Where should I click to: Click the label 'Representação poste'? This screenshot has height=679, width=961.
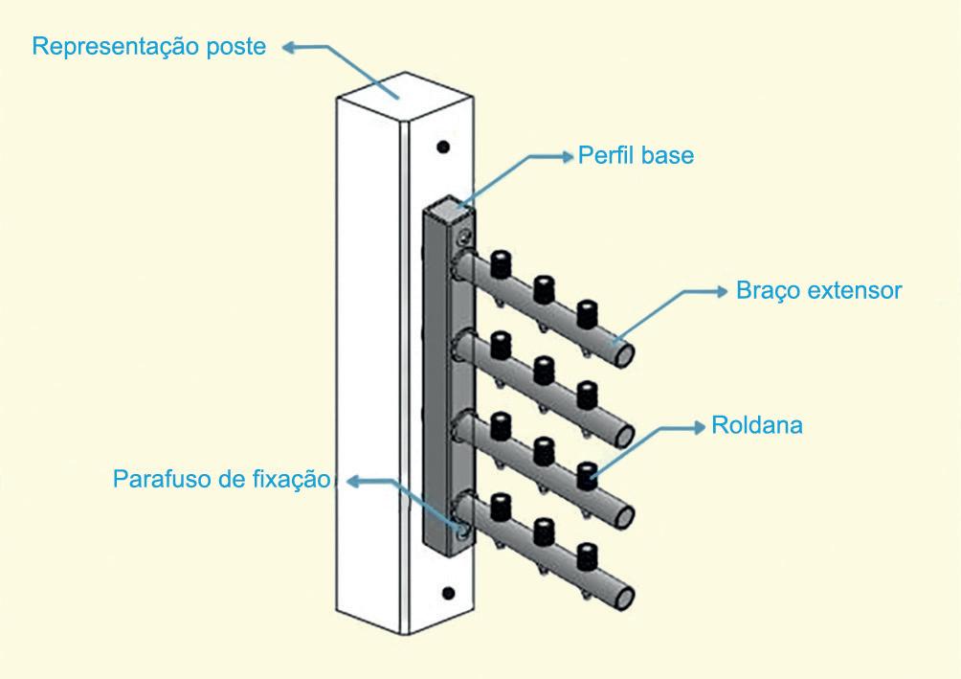tap(148, 47)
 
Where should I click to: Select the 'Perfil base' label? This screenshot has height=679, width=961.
tap(636, 155)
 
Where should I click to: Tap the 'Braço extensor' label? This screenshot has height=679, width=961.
tap(818, 290)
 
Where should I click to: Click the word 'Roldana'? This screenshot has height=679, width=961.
tap(757, 425)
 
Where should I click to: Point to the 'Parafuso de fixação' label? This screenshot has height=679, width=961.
tap(220, 479)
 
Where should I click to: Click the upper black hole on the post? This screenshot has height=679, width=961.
tap(442, 147)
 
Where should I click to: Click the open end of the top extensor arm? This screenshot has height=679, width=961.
tap(624, 354)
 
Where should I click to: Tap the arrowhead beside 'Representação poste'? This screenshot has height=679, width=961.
tap(289, 46)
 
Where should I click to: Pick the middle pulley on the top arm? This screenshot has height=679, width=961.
tap(544, 285)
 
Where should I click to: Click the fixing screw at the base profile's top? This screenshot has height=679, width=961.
tap(464, 237)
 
